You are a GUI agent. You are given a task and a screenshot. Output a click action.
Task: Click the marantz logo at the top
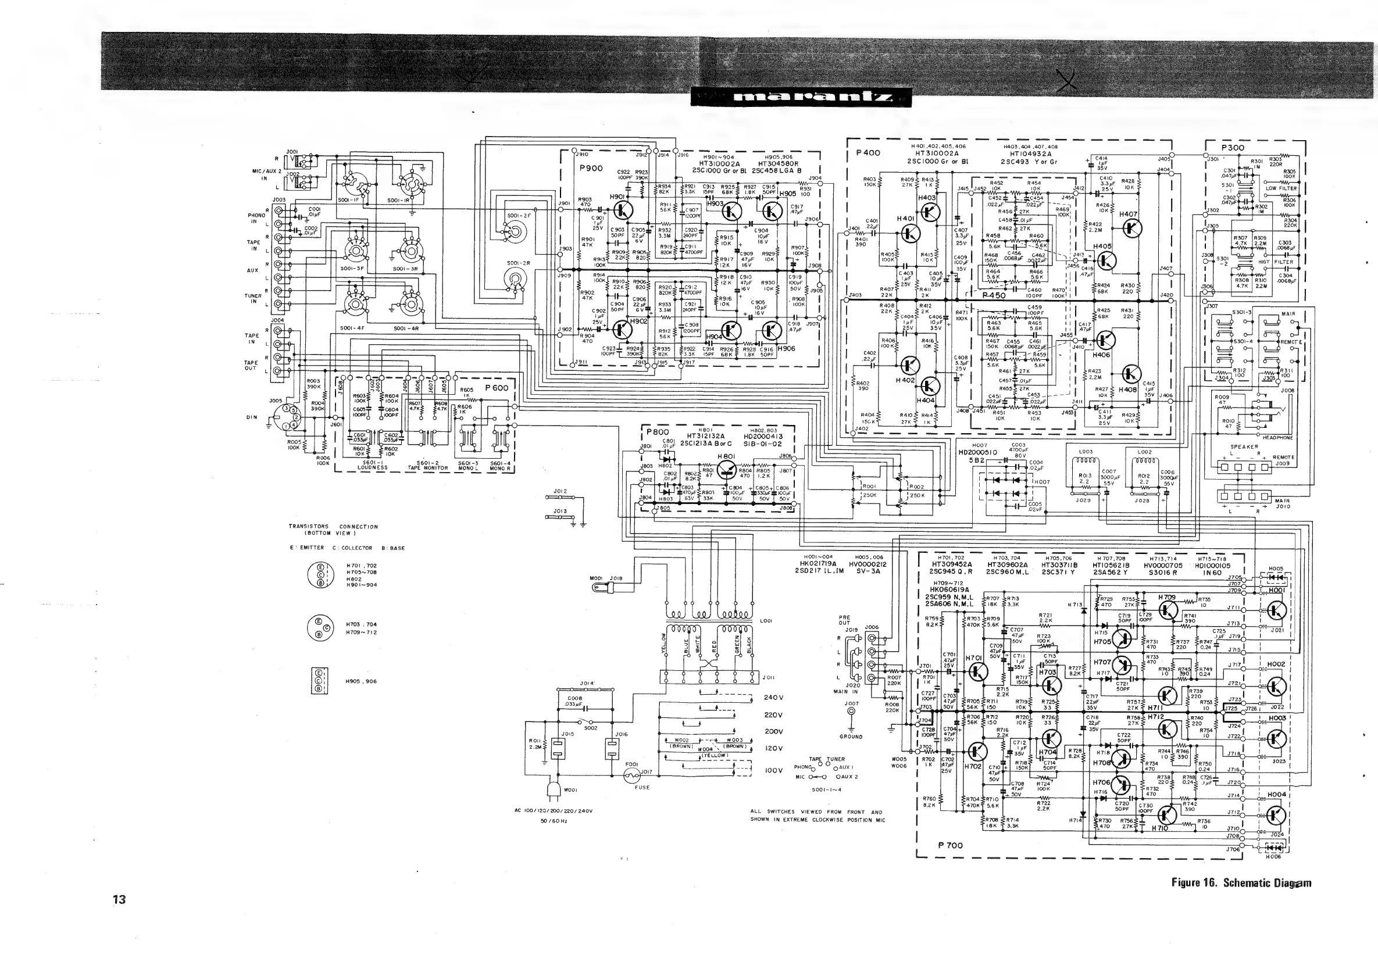801,97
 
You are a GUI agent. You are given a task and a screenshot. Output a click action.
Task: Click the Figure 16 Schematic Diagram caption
1241,882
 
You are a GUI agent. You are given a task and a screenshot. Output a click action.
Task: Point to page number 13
119,899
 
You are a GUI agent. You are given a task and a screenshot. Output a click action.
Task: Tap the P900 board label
591,168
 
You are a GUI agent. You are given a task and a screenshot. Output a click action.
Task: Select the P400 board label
868,153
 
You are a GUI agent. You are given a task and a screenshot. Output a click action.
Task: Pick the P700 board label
950,845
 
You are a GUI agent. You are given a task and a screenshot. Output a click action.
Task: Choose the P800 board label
657,432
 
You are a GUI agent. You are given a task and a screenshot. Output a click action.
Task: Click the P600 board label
497,388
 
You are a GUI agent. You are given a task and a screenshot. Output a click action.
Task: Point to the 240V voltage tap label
774,697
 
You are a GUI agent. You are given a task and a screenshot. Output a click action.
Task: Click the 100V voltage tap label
774,770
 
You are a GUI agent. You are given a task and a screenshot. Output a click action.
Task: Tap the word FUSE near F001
641,787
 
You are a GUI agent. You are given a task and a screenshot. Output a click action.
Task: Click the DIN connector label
252,417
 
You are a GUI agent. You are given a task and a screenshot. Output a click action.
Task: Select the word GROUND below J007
851,736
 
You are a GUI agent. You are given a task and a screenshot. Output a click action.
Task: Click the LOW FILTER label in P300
1281,188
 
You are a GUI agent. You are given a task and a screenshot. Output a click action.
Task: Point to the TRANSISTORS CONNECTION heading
333,529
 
